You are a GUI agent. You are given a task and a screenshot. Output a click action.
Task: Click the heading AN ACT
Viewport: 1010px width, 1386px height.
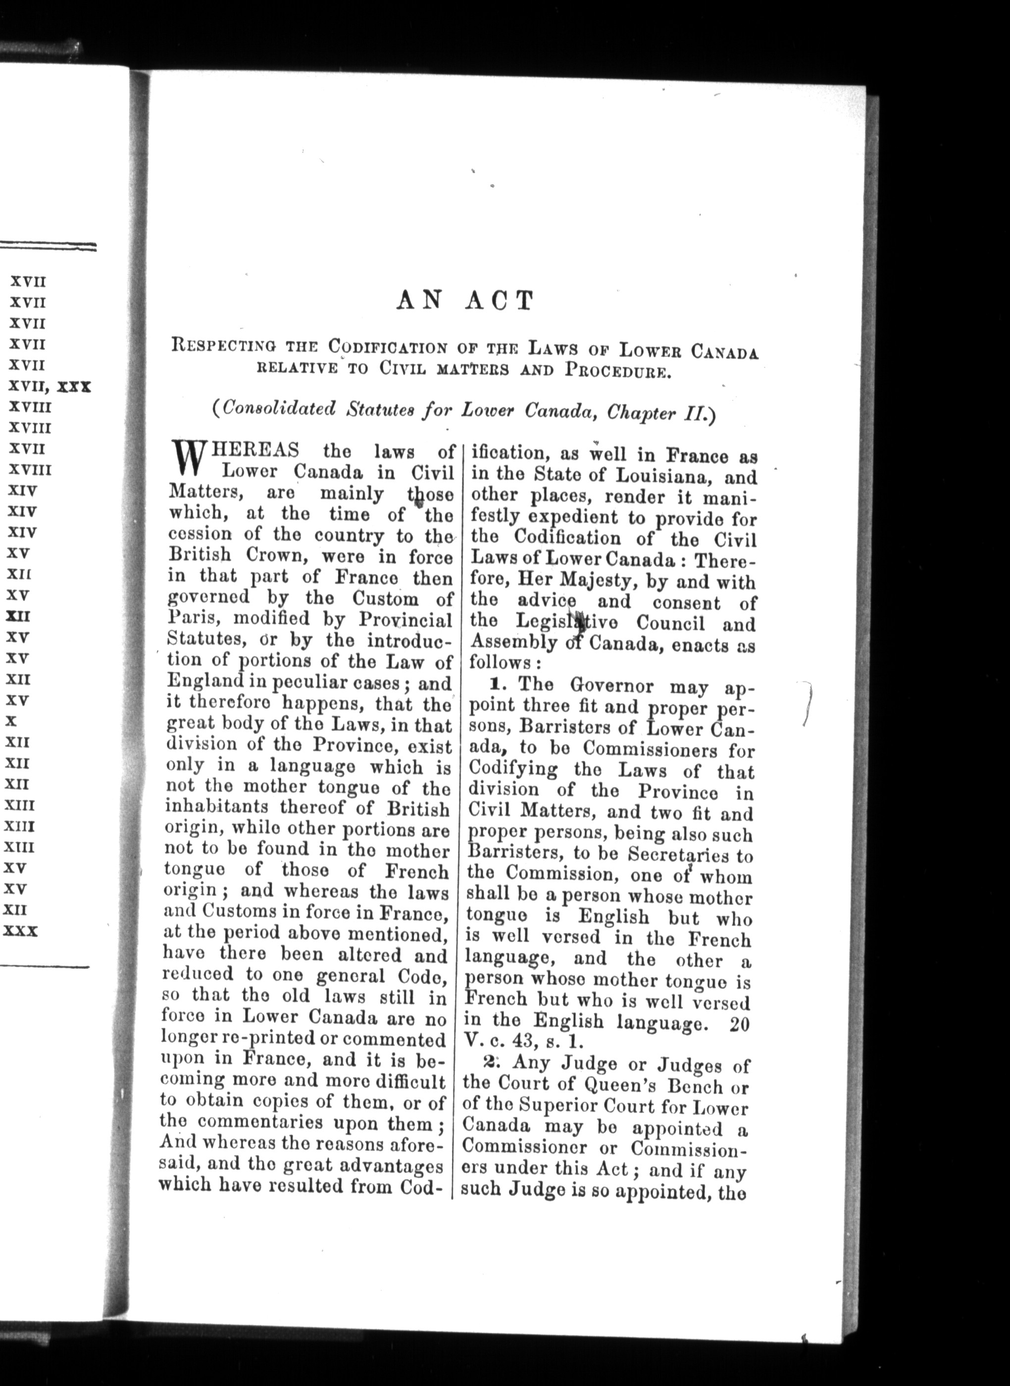[x=464, y=301]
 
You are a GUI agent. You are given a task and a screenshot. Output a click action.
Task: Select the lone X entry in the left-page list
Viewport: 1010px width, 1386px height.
[x=11, y=721]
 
